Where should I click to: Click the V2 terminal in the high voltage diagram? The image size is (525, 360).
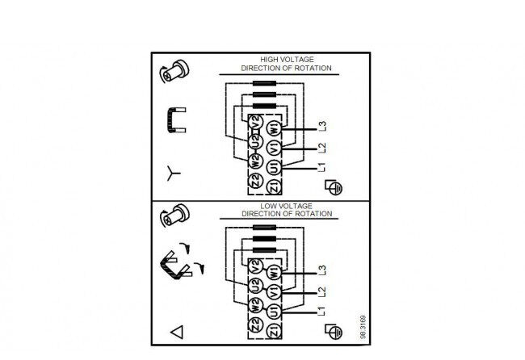(255, 123)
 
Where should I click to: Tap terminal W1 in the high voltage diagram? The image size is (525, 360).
(274, 128)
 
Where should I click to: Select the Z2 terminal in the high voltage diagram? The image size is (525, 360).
(255, 181)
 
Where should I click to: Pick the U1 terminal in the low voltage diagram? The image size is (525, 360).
(274, 312)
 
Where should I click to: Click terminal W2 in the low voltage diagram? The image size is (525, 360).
(255, 305)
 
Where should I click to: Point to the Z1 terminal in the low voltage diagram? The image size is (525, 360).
(274, 331)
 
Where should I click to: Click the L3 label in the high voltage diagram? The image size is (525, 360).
(322, 126)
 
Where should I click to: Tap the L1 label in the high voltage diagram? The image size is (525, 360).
(321, 167)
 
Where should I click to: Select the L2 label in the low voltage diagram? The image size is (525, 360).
(321, 291)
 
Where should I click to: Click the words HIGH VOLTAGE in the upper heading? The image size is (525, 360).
(287, 60)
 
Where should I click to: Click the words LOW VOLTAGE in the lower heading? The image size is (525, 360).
(286, 206)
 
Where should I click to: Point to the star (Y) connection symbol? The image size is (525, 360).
(173, 173)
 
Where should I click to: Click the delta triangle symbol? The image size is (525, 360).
(177, 332)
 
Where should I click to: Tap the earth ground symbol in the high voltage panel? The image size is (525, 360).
(334, 187)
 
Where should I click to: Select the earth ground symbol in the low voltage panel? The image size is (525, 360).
(334, 331)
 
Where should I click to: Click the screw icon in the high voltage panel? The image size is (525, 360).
(174, 72)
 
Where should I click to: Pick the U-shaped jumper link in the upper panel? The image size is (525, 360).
(175, 120)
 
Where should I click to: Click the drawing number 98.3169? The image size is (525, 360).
(363, 327)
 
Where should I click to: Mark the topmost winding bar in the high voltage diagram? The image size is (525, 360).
(264, 83)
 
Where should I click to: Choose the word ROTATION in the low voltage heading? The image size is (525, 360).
(314, 214)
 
